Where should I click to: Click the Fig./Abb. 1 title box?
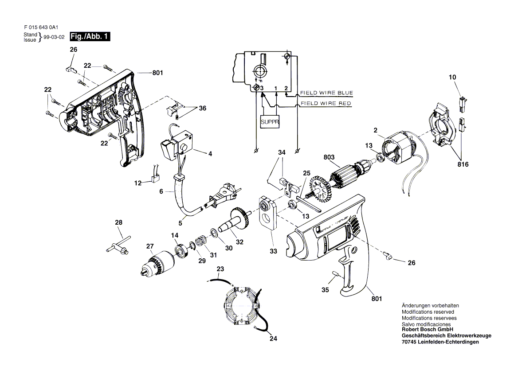[x=90, y=36]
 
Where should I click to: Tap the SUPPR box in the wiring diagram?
[x=270, y=122]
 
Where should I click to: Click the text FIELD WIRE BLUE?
[x=326, y=93]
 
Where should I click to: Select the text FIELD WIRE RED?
[x=326, y=103]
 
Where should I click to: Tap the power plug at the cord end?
[x=220, y=197]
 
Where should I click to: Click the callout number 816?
[x=463, y=164]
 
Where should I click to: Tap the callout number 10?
[x=452, y=77]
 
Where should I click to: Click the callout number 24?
[x=273, y=338]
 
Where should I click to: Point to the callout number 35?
[x=325, y=290]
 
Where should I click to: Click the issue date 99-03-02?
[x=54, y=37]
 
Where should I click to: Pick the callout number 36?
[x=202, y=108]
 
